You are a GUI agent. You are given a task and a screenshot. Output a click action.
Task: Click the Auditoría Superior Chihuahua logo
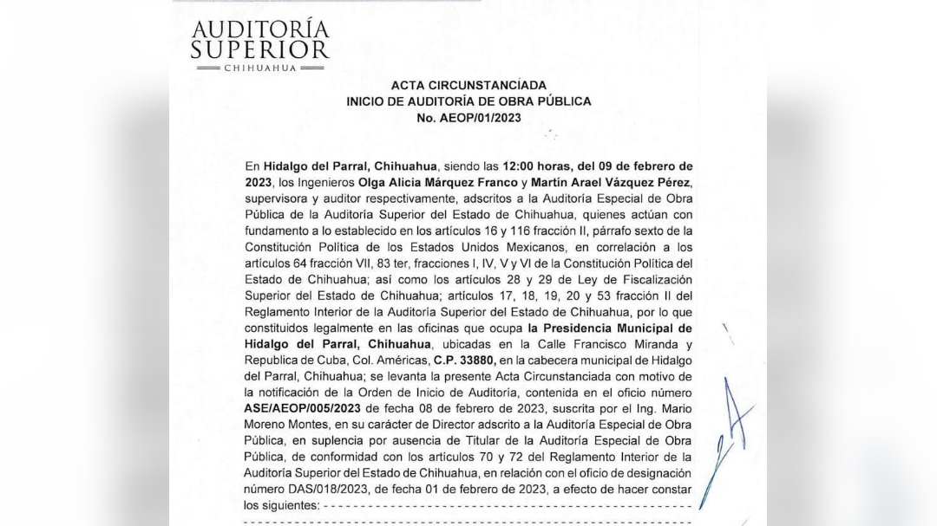coord(259,44)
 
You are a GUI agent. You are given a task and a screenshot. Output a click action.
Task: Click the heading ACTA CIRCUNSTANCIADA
coord(468,85)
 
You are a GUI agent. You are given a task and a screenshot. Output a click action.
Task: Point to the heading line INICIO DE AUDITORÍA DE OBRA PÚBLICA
coord(468,101)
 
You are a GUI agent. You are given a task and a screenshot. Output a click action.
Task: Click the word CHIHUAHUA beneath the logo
coord(259,68)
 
